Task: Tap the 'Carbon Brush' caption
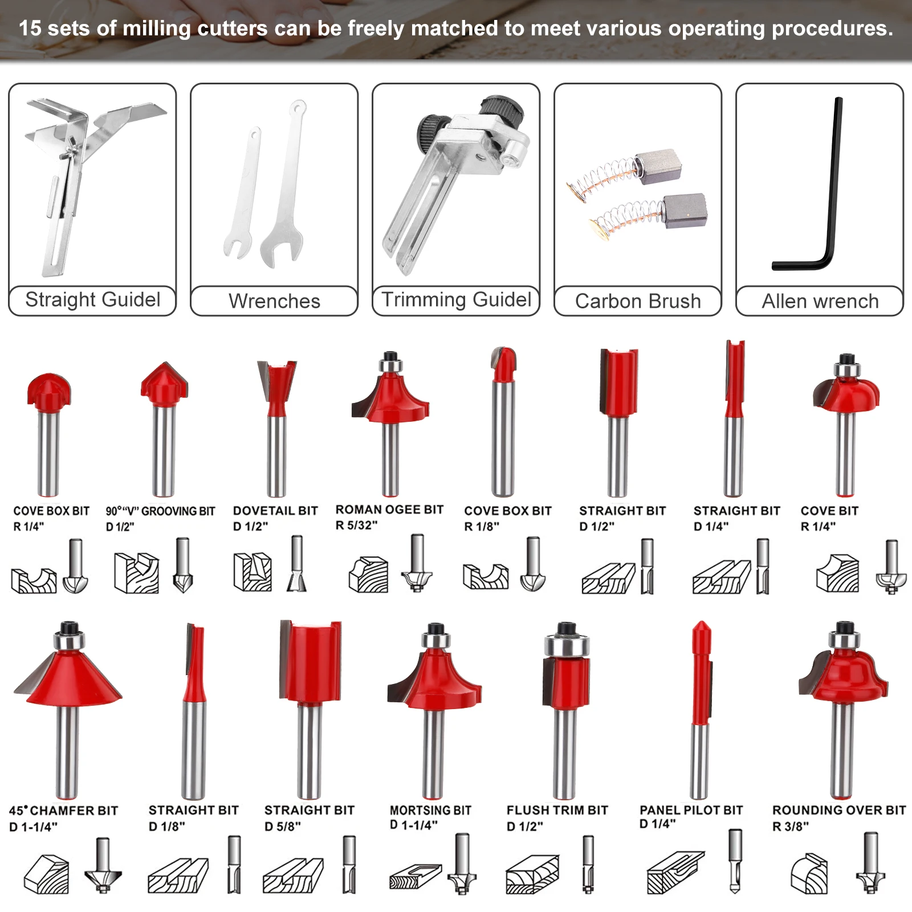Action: [638, 301]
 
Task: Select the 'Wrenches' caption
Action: [274, 301]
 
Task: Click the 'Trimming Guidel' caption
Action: [456, 299]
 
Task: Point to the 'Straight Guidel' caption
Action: [93, 299]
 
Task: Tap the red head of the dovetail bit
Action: [276, 388]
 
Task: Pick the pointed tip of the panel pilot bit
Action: [701, 622]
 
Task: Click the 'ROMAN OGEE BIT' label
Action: [389, 510]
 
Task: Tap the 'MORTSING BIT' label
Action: [430, 810]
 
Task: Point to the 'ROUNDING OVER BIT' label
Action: [839, 810]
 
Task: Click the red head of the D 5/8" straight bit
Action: [310, 661]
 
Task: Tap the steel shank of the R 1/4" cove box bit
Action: [48, 453]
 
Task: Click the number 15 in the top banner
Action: [30, 28]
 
